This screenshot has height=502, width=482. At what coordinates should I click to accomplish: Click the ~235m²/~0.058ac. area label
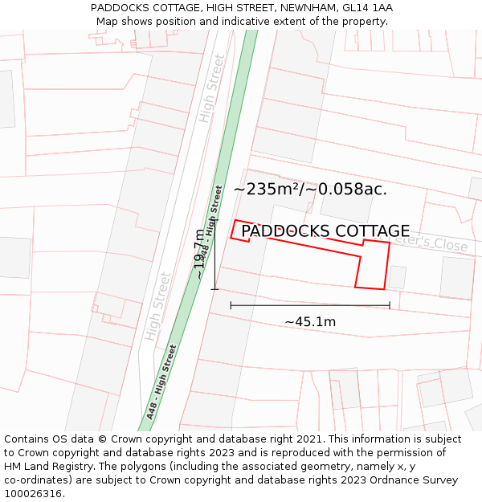[310, 190]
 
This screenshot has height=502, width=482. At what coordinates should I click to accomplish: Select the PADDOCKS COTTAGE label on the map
[325, 231]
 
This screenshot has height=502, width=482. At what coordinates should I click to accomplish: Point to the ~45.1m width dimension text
[310, 321]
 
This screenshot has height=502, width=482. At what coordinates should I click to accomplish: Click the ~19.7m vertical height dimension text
[200, 254]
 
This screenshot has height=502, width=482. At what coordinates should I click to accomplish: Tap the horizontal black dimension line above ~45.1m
[310, 305]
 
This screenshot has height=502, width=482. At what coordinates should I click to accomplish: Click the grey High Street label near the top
[213, 88]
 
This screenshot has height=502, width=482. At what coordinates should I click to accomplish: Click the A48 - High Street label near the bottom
[161, 382]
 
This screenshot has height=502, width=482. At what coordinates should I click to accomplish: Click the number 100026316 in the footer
[35, 494]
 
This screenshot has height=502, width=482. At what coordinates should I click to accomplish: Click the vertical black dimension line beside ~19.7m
[214, 254]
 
